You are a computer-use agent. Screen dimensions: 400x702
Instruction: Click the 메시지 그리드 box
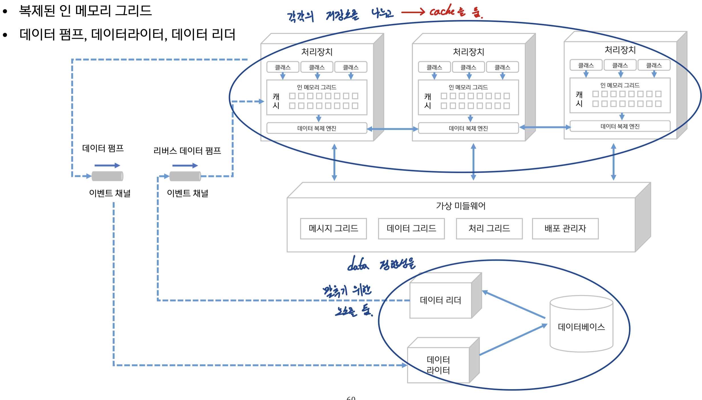tap(333, 229)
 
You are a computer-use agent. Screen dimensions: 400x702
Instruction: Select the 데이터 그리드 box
tap(411, 229)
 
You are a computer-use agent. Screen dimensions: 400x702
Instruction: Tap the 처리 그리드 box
tap(489, 229)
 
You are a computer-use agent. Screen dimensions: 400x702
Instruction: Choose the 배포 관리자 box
tap(565, 229)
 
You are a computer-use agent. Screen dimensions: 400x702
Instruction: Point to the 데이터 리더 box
tap(441, 300)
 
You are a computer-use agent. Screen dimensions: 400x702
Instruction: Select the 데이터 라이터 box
tap(438, 365)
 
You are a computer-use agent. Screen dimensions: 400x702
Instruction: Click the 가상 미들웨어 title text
tap(461, 206)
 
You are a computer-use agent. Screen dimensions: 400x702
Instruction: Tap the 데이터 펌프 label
tap(103, 148)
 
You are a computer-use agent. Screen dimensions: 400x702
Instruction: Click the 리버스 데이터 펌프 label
tap(187, 151)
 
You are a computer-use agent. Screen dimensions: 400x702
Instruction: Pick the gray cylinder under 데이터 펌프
tap(107, 176)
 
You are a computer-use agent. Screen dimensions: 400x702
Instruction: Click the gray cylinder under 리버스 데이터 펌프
tap(185, 176)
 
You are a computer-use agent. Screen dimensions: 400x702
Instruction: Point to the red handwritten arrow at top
tap(413, 12)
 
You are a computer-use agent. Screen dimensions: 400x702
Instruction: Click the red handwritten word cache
tap(442, 11)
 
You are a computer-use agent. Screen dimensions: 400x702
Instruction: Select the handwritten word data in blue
tap(358, 264)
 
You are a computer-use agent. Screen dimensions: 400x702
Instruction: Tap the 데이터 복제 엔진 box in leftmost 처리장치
tap(317, 128)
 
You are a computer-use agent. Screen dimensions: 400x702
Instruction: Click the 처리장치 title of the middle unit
tap(468, 52)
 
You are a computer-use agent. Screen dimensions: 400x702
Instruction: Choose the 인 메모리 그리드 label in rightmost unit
tap(620, 85)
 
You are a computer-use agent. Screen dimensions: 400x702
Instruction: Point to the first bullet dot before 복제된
tap(5, 11)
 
